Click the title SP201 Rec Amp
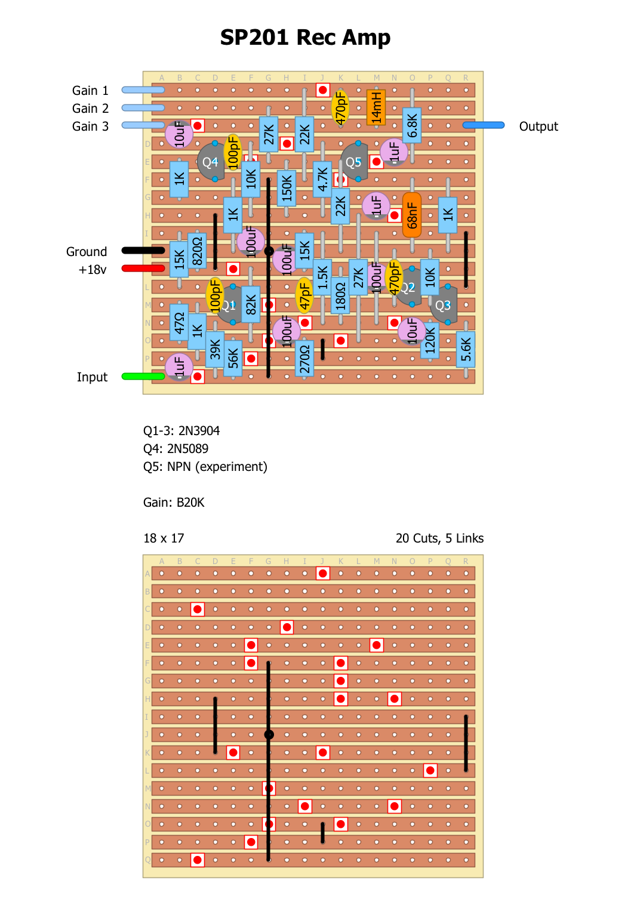click(x=305, y=38)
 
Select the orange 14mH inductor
click(x=376, y=107)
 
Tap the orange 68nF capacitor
click(x=412, y=215)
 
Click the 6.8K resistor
click(x=412, y=125)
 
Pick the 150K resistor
click(x=287, y=188)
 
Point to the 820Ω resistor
click(x=197, y=251)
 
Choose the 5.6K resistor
click(x=466, y=350)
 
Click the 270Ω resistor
click(x=304, y=358)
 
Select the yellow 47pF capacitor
click(x=304, y=295)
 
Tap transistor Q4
click(x=210, y=162)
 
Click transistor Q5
click(x=353, y=162)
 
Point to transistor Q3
click(x=443, y=305)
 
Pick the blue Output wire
click(x=484, y=125)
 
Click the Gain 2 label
click(x=90, y=109)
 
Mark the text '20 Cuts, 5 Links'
click(x=439, y=538)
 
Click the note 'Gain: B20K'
click(x=174, y=503)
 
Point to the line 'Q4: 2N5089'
click(x=176, y=449)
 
